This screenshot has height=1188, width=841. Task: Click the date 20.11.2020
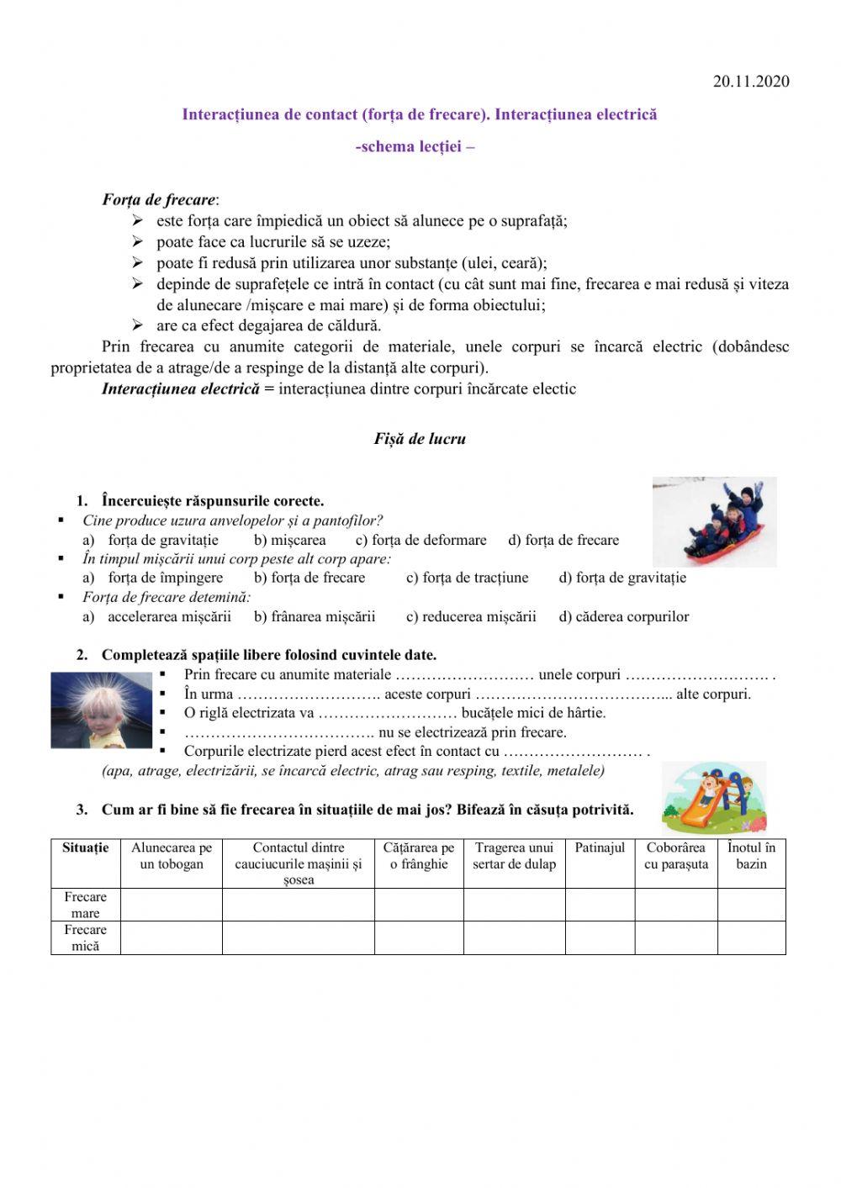pos(750,82)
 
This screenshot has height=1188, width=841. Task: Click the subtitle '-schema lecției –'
pos(415,146)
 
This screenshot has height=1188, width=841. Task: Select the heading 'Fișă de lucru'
pos(420,439)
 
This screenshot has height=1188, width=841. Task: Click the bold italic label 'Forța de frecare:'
pos(160,200)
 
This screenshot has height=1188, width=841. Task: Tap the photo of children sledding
pos(714,521)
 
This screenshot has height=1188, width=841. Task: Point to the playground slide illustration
pos(714,796)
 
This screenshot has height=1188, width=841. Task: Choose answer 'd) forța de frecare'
pos(563,541)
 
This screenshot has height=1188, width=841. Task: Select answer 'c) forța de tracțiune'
pos(467,578)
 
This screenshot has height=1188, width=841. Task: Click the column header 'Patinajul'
pos(600,848)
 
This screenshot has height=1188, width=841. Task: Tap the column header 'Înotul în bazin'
pos(751,856)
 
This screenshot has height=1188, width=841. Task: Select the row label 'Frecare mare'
pos(86,905)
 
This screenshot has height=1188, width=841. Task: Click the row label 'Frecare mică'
pos(86,937)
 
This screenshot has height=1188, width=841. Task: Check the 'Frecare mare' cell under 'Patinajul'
pos(600,905)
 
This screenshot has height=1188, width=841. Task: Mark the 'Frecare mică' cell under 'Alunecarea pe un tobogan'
pos(172,937)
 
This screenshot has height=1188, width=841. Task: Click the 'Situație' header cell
pos(86,848)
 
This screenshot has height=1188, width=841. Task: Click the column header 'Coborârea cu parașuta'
pos(675,856)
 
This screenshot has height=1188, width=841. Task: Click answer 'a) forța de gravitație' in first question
pos(151,541)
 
